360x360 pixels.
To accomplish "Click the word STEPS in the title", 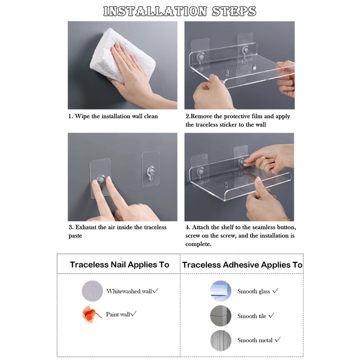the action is pyautogui.click(x=234, y=11).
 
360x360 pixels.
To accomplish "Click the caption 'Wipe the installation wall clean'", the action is pyautogui.click(x=117, y=116).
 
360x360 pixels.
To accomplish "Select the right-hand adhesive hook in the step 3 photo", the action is pyautogui.click(x=151, y=169).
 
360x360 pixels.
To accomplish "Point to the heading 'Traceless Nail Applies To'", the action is pyautogui.click(x=119, y=265).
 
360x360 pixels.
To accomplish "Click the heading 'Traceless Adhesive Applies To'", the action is pyautogui.click(x=242, y=265).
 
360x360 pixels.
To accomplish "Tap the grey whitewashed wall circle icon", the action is pyautogui.click(x=92, y=291).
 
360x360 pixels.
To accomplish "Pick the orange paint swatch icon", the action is pyautogui.click(x=91, y=314).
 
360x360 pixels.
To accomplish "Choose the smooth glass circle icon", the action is pyautogui.click(x=220, y=291).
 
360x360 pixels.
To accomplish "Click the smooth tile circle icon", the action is pyautogui.click(x=220, y=316).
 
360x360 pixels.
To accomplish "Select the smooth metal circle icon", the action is pyautogui.click(x=220, y=341).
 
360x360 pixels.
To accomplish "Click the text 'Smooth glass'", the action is pyautogui.click(x=254, y=291).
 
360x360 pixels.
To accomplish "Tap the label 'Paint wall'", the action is pyautogui.click(x=118, y=314).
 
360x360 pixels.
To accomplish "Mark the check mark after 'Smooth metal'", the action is pyautogui.click(x=278, y=340).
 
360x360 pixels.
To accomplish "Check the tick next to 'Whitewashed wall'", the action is pyautogui.click(x=155, y=291).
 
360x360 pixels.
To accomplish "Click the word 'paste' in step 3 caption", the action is pyautogui.click(x=75, y=236).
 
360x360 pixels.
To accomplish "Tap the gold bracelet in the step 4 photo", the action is pyautogui.click(x=283, y=219).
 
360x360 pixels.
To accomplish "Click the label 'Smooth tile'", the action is pyautogui.click(x=252, y=316).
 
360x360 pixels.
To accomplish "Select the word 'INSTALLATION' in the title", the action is pyautogui.click(x=155, y=11).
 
